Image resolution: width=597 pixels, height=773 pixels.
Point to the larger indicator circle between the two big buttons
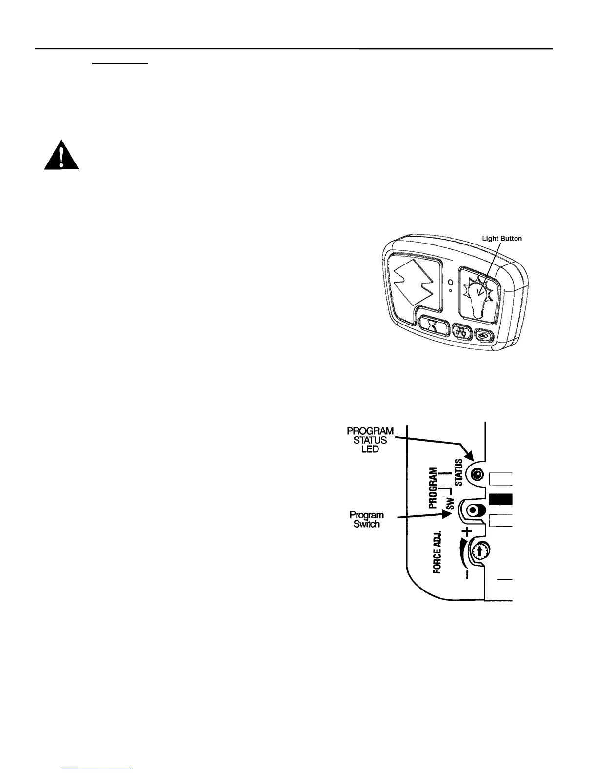452,282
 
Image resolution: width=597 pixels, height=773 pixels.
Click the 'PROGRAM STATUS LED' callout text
370,440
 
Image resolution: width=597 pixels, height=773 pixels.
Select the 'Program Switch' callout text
366,519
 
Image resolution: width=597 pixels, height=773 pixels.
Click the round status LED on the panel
477,474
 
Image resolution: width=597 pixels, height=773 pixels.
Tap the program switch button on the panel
473,510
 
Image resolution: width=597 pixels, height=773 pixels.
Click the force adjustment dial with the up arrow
480,551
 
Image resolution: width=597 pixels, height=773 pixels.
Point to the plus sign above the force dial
467,531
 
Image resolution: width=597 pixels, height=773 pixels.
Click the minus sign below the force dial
467,574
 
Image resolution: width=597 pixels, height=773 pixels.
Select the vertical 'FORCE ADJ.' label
438,552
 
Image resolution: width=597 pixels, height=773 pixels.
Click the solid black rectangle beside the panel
501,499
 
